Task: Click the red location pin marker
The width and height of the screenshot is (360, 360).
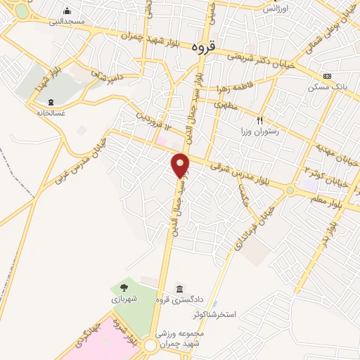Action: point(181,166)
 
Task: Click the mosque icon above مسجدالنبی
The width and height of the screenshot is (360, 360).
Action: point(67,11)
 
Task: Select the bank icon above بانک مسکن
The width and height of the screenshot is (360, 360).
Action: point(327,76)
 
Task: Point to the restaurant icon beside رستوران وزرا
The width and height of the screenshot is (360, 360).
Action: point(260,121)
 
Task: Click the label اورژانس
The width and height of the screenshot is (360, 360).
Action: point(276,8)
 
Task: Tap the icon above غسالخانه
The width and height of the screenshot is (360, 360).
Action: point(50,101)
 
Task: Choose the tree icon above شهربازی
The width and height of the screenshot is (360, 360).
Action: point(124,288)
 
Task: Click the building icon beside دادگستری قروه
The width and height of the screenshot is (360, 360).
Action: point(181,290)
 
